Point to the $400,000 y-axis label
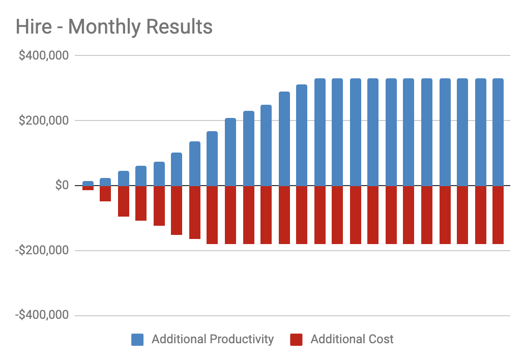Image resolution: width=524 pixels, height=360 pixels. [x=43, y=55]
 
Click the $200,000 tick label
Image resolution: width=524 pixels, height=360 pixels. [x=43, y=121]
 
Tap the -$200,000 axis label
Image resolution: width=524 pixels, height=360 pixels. [x=42, y=251]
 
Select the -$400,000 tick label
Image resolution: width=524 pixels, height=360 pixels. [x=42, y=316]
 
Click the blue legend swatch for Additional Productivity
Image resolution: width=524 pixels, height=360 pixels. [x=137, y=340]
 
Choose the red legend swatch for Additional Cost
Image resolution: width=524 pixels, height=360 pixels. [x=296, y=340]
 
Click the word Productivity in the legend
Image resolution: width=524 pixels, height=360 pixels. [x=240, y=340]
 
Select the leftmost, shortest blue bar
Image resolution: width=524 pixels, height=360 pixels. [x=88, y=184]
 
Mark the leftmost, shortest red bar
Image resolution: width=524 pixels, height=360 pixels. [x=88, y=188]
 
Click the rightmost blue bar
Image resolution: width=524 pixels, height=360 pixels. [x=498, y=132]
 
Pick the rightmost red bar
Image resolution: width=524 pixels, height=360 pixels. [x=498, y=215]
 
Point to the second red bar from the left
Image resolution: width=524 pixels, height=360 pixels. [x=105, y=194]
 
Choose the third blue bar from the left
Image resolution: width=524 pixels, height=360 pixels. [x=124, y=178]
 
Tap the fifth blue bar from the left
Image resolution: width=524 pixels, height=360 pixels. [x=159, y=174]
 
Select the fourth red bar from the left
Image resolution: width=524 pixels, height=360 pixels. [x=141, y=203]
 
